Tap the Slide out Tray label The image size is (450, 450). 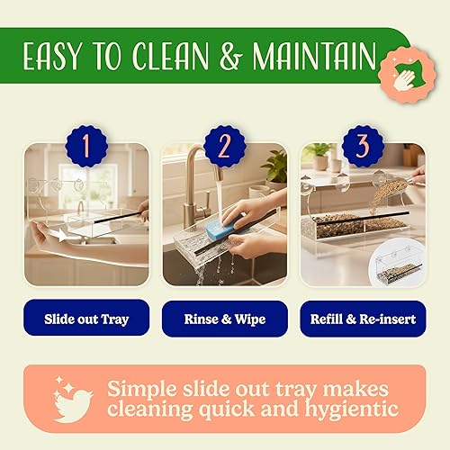(85, 318)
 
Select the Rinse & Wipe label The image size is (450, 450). (225, 318)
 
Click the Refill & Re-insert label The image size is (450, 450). (363, 318)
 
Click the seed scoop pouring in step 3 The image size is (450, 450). (396, 184)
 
